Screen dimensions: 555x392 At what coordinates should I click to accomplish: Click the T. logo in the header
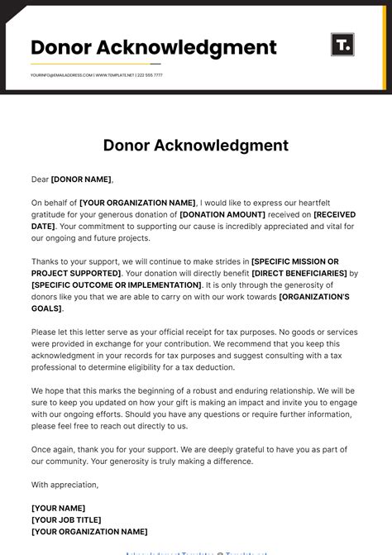pyautogui.click(x=342, y=45)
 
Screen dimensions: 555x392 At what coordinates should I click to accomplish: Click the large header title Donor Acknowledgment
pyautogui.click(x=154, y=47)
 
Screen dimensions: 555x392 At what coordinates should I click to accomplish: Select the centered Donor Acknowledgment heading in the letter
pyautogui.click(x=196, y=146)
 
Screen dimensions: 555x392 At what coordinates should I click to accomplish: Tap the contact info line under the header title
pyautogui.click(x=97, y=74)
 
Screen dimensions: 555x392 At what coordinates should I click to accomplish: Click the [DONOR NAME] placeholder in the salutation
pyautogui.click(x=81, y=179)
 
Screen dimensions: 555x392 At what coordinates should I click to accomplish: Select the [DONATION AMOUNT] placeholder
pyautogui.click(x=222, y=214)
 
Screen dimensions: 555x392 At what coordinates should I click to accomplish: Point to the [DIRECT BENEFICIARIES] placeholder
pyautogui.click(x=299, y=273)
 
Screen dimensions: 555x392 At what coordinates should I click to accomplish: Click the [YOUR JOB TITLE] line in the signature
pyautogui.click(x=66, y=520)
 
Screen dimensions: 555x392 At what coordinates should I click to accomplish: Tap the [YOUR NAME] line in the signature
pyautogui.click(x=58, y=508)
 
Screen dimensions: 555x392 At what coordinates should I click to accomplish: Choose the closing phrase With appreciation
pyautogui.click(x=65, y=485)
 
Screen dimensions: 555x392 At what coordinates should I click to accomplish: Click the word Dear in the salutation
pyautogui.click(x=41, y=179)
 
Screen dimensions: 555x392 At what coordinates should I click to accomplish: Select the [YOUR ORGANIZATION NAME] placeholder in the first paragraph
pyautogui.click(x=137, y=203)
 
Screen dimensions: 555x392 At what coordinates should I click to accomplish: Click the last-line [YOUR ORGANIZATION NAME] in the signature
pyautogui.click(x=89, y=532)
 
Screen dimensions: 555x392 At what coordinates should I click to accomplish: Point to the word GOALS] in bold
pyautogui.click(x=46, y=309)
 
